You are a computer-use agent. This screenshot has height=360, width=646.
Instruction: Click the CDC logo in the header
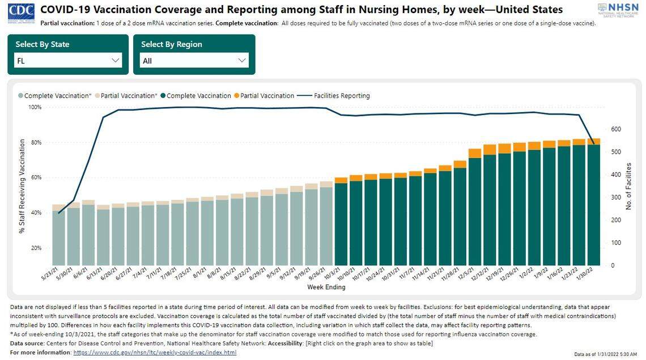[x=21, y=12]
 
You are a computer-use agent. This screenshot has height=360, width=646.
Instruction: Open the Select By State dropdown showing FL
[x=67, y=61]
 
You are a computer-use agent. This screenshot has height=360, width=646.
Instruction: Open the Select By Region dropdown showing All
[x=194, y=61]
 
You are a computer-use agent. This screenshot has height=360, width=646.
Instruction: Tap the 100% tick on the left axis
[x=35, y=107]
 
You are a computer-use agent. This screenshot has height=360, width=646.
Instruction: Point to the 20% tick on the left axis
[x=36, y=248]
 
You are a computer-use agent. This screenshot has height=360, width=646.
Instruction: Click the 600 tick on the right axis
[x=617, y=129]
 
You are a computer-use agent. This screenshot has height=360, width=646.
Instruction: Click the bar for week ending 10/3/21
[x=341, y=224]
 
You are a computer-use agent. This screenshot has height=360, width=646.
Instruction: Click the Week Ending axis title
[x=326, y=287]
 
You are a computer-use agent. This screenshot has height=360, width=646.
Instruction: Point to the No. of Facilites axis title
[x=629, y=187]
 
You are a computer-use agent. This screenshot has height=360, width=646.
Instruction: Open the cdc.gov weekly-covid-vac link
[x=155, y=353]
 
